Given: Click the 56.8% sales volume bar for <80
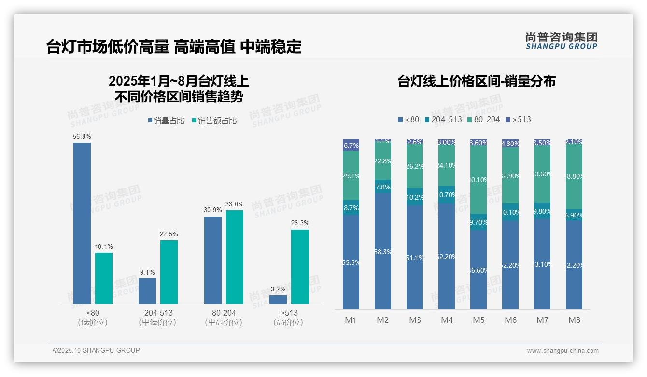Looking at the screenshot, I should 82,223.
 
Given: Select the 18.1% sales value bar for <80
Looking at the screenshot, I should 104,278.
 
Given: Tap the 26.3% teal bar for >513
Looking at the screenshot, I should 300,266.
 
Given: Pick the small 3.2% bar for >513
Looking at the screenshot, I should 278,300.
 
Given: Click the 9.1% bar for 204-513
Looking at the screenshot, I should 147,291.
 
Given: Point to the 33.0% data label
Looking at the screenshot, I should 235,204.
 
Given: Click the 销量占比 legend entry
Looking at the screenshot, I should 166,121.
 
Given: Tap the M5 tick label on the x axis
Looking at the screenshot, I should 478,320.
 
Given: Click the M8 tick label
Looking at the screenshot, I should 574,320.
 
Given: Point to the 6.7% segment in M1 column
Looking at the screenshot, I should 351,145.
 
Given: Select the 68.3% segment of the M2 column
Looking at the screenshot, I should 383,251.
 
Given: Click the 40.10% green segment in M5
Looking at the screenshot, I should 478,180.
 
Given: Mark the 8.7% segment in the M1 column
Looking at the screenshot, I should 351,207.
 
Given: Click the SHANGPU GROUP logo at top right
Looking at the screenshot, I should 561,41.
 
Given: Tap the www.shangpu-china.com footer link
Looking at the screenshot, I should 563,351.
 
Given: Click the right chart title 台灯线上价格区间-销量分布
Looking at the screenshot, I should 476,81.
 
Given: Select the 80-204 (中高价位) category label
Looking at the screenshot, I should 224,318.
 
